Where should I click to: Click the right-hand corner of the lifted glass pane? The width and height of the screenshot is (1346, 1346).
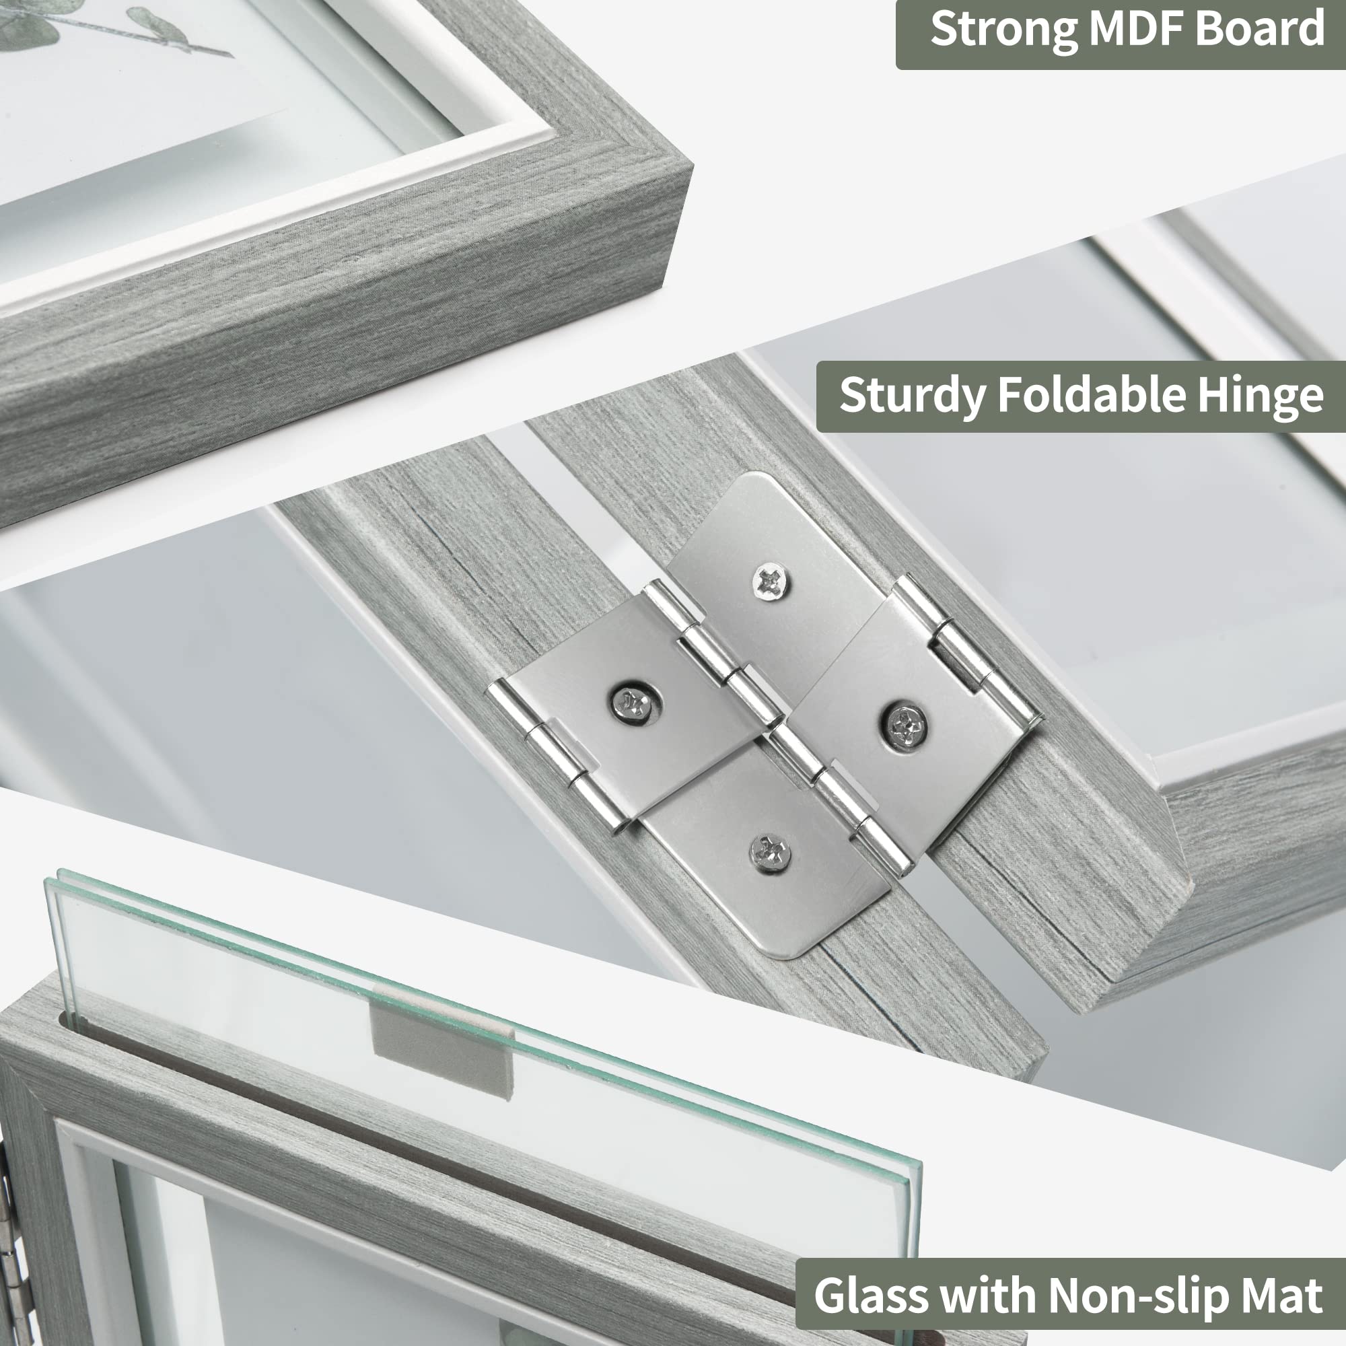click(921, 1163)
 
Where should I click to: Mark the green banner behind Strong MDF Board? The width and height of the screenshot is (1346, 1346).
click(1121, 34)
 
